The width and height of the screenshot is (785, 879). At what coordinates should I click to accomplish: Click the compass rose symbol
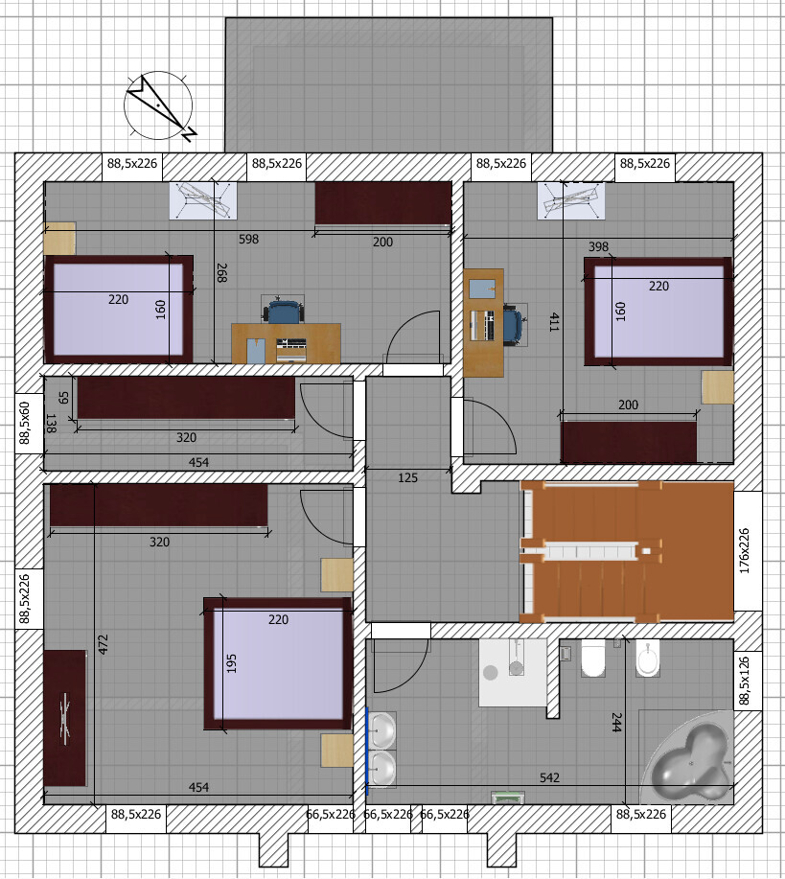[159, 106]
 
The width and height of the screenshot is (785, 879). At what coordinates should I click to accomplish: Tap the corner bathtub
[688, 758]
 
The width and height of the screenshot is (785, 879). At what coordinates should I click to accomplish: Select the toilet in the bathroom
[592, 659]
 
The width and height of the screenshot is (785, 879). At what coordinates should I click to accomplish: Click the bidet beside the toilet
[648, 658]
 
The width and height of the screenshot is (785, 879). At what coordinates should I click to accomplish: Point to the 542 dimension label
[549, 777]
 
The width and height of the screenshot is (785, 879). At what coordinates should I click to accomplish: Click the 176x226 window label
[745, 550]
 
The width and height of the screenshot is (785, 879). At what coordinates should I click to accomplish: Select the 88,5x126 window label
[745, 681]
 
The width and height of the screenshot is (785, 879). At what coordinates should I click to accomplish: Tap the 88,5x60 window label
[25, 423]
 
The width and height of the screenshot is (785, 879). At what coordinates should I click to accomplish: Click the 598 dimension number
[248, 239]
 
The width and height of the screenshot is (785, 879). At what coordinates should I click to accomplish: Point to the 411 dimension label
[554, 322]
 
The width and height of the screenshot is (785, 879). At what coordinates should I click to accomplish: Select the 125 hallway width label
[407, 477]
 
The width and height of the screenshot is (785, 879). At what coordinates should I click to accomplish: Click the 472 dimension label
[104, 644]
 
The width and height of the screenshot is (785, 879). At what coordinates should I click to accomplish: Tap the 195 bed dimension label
[232, 663]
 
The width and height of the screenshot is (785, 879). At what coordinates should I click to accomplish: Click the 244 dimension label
[616, 722]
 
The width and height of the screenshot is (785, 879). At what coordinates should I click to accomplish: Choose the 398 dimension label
[598, 246]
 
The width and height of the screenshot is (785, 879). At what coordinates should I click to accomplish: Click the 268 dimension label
[221, 272]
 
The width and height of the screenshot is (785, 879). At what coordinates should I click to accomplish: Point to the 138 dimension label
[51, 424]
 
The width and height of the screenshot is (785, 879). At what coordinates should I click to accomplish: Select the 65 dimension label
[63, 398]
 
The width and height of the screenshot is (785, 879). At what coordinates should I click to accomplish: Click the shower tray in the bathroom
[513, 673]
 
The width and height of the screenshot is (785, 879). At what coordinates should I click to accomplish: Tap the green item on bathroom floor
[508, 797]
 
